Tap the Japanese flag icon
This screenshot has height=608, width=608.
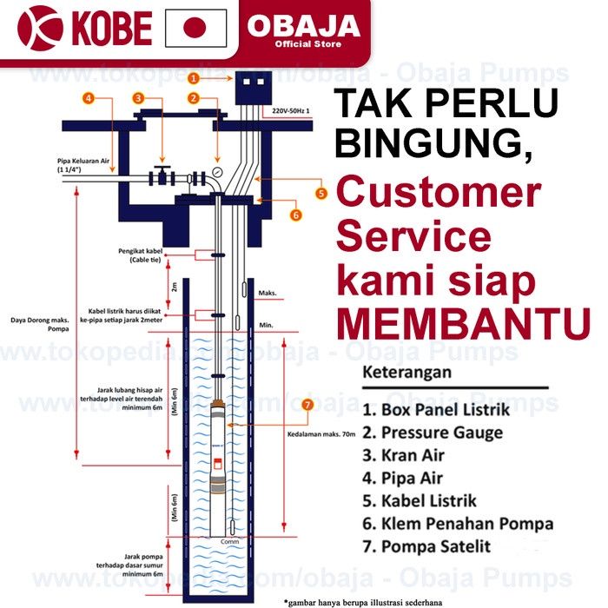coord(195,29)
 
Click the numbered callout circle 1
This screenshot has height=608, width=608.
coord(195,77)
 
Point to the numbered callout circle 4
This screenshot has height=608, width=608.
coord(89,98)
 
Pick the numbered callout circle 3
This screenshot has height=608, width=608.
coord(137,98)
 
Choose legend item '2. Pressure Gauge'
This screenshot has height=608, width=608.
coord(433,432)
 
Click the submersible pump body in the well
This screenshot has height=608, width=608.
coord(219,465)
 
